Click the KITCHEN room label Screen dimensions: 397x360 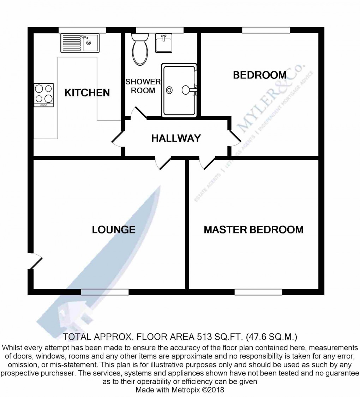[87, 93]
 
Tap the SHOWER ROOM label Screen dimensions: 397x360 [143, 86]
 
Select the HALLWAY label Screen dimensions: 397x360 [176, 138]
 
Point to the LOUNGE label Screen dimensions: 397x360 [114, 230]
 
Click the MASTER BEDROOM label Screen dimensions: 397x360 [253, 230]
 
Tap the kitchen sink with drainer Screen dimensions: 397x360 [80, 43]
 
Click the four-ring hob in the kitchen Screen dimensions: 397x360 [44, 95]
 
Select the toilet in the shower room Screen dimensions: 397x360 [140, 50]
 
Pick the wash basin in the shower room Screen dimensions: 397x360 [163, 43]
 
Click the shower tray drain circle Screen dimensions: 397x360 [170, 90]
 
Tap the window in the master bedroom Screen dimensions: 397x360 [258, 292]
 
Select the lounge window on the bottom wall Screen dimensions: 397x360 [104, 292]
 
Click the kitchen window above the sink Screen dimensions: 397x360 [82, 30]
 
